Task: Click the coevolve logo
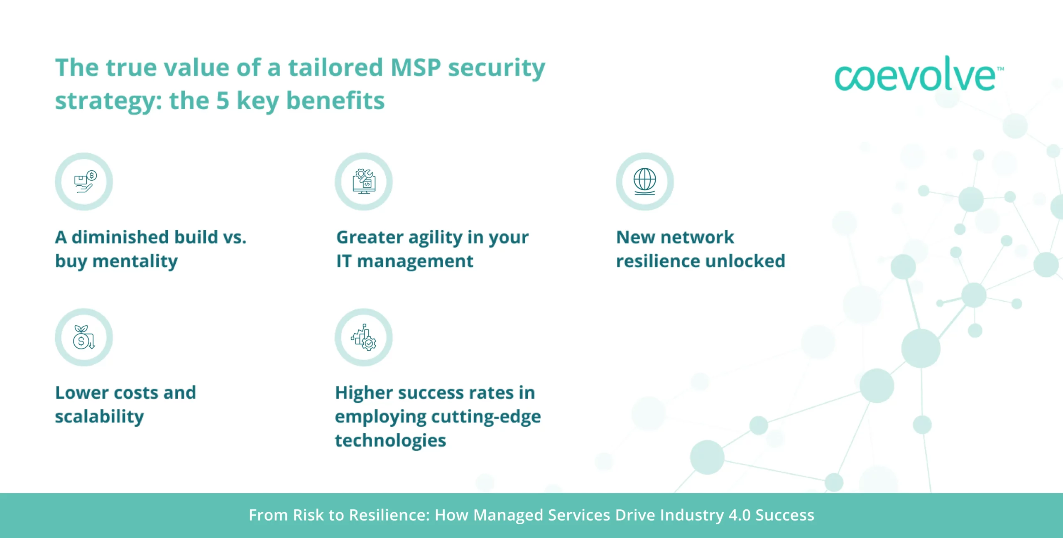tap(918, 74)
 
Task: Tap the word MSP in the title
tap(416, 68)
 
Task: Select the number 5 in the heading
tap(223, 101)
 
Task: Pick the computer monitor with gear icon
tap(364, 182)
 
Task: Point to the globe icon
tap(645, 182)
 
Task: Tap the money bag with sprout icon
tap(83, 337)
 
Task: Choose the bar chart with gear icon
tap(364, 337)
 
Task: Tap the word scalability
tap(100, 417)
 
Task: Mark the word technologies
tap(390, 441)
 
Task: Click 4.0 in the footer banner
tap(740, 515)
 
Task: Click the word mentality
tap(135, 262)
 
